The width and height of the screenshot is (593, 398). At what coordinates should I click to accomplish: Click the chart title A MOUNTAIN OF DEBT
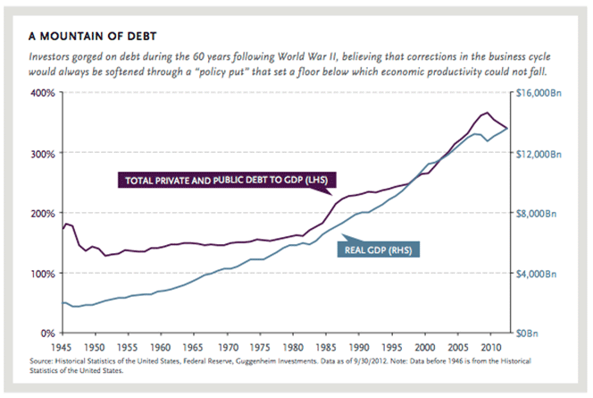(93, 36)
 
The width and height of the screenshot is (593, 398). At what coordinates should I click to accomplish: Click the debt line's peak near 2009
(486, 113)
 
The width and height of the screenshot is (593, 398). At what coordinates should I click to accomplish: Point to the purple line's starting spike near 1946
(66, 224)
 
